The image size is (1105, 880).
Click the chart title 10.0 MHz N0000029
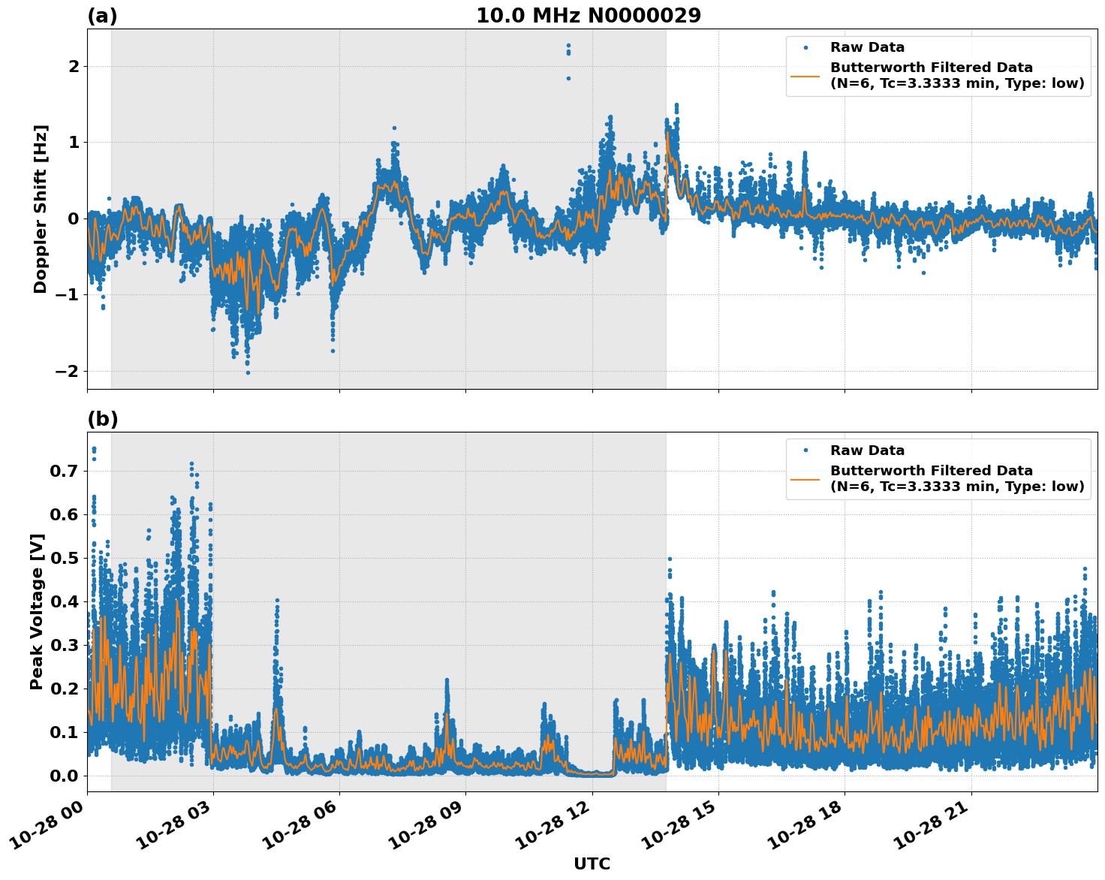click(588, 16)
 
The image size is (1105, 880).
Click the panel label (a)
click(102, 16)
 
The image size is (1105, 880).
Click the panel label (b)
click(103, 419)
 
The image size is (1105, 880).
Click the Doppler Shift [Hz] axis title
click(41, 209)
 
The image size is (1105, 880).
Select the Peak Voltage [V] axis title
click(37, 611)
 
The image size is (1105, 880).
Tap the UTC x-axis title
click(592, 863)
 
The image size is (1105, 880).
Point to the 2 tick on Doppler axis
click(74, 67)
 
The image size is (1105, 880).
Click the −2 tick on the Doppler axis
click(66, 371)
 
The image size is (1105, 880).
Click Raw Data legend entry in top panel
click(867, 47)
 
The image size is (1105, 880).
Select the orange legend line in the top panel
click(805, 75)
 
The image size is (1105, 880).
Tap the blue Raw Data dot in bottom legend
click(805, 451)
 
